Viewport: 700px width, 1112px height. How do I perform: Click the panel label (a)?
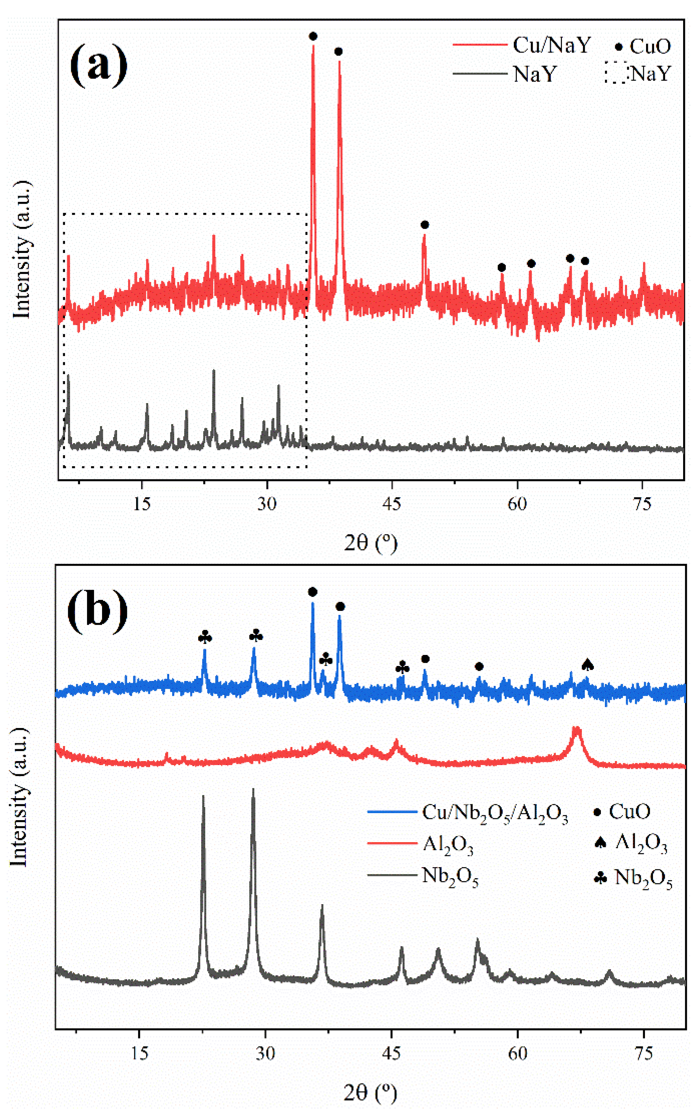[98, 65]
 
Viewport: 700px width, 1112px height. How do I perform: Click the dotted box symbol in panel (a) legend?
[616, 72]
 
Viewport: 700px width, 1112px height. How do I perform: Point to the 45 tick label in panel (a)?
[392, 504]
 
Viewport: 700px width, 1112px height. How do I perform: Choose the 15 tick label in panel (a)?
[142, 504]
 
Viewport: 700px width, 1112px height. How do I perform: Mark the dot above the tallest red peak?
[313, 36]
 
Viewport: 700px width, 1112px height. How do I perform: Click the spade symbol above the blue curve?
[587, 664]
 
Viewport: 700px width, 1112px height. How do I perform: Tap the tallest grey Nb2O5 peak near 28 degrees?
[253, 792]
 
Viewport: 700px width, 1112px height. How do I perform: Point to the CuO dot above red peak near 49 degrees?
[425, 225]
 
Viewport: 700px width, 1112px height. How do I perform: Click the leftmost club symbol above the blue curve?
[204, 638]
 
